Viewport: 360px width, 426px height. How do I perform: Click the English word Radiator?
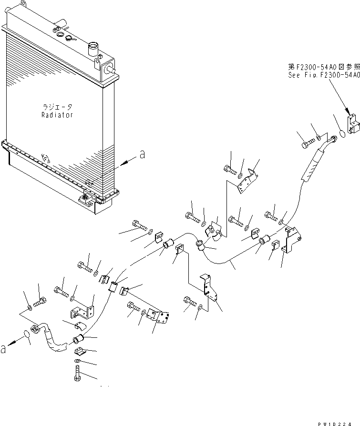[x=57, y=115]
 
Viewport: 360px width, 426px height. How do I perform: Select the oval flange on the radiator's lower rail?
[x=46, y=159]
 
